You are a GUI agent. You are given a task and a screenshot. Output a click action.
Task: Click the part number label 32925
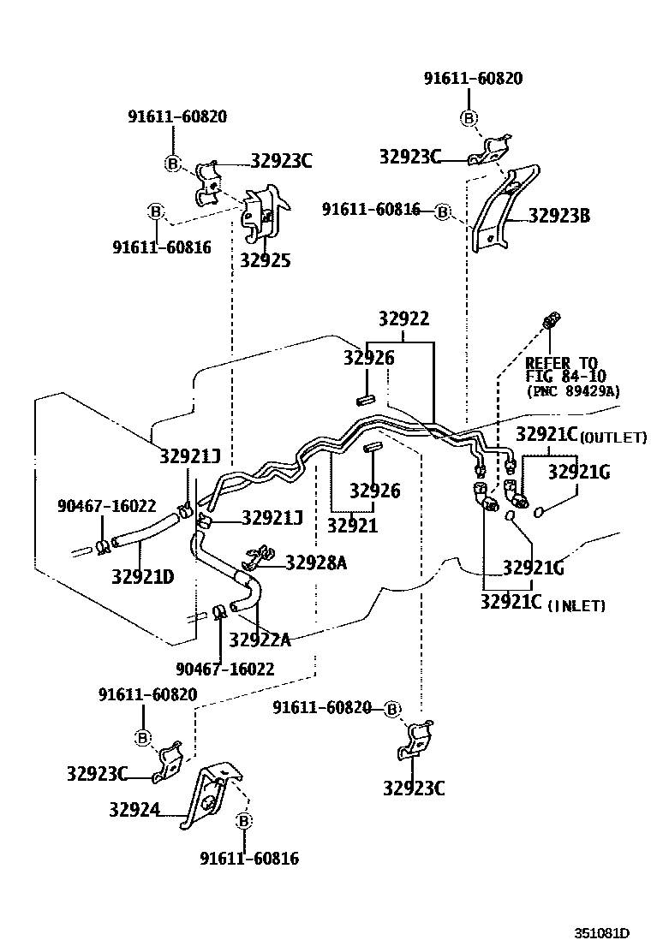tap(265, 261)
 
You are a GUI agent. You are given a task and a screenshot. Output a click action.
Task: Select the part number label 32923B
tap(558, 216)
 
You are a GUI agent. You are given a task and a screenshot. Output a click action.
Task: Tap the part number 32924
tap(134, 808)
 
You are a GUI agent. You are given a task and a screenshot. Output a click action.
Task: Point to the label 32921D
tap(142, 576)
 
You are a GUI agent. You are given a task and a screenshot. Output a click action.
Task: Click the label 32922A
tap(260, 640)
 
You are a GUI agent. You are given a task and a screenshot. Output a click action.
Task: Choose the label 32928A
tap(316, 562)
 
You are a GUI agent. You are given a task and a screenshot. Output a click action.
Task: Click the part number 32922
tap(403, 319)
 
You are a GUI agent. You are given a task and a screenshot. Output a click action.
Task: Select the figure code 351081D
tap(602, 932)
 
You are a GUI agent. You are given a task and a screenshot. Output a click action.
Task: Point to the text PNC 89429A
tap(572, 391)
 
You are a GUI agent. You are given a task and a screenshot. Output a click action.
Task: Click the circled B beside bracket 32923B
tap(442, 211)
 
